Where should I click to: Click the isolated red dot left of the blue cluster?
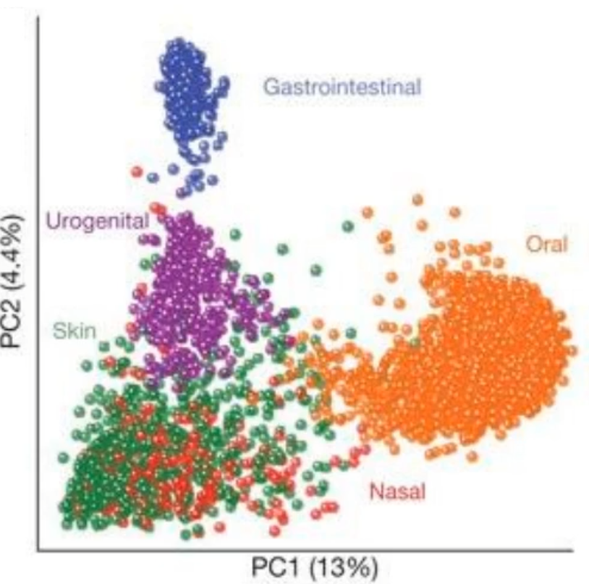click(x=136, y=172)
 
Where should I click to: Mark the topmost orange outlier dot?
click(x=418, y=199)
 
